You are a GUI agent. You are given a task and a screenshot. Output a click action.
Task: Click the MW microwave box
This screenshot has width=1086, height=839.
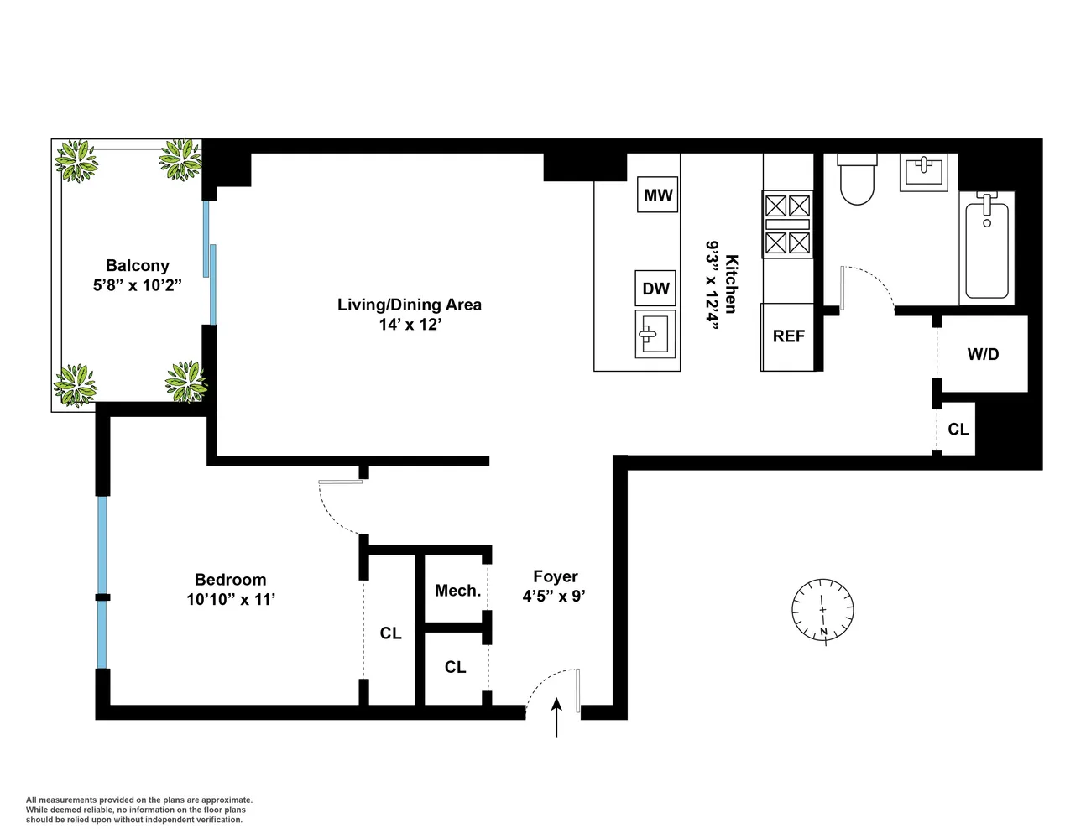(657, 195)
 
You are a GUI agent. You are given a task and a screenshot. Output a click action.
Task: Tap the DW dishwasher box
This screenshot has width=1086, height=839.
(655, 289)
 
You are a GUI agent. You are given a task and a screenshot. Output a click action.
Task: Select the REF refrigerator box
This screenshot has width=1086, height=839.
(788, 336)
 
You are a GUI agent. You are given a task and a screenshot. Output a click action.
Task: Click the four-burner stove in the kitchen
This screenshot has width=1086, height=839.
(787, 224)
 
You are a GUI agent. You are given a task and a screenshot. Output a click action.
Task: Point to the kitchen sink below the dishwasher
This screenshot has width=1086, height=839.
(655, 334)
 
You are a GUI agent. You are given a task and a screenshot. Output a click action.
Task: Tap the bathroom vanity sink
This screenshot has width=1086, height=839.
(924, 172)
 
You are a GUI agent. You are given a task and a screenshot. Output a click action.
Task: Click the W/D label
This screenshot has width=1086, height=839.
(983, 354)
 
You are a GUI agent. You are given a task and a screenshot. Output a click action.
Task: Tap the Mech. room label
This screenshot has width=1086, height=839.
(457, 591)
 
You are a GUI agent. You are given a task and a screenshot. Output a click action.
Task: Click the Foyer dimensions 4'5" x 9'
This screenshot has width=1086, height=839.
(554, 597)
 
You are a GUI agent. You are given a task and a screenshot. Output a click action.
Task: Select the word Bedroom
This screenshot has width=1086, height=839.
(230, 580)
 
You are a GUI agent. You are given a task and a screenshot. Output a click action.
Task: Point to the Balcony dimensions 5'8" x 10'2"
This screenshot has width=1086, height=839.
(138, 285)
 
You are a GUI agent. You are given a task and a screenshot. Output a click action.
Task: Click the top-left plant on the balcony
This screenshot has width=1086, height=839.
(77, 160)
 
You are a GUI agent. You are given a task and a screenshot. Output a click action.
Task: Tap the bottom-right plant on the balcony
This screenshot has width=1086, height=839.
(186, 381)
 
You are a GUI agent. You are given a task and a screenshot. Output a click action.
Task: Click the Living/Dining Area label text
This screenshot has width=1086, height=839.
(410, 305)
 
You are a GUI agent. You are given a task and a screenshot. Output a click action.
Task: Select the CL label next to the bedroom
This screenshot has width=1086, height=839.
(390, 633)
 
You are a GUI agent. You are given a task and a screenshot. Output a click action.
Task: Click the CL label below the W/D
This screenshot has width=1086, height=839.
(958, 430)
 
